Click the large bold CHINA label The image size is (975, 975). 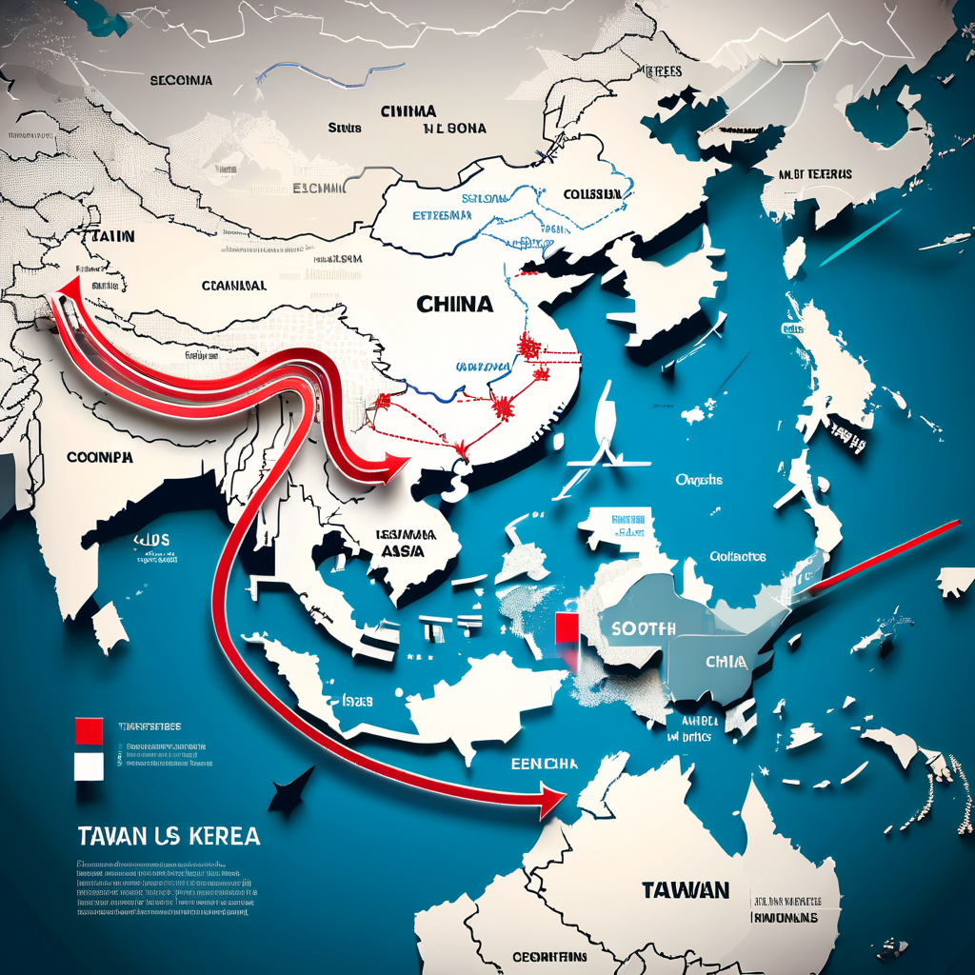click(x=455, y=305)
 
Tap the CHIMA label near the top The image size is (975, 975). click(x=408, y=111)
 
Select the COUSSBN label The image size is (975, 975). click(x=592, y=194)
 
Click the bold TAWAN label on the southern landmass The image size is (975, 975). click(x=686, y=890)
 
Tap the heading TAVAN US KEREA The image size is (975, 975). click(x=167, y=837)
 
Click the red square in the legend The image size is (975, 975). click(x=88, y=730)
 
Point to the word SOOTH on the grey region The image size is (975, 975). click(x=644, y=628)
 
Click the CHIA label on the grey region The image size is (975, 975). click(x=726, y=661)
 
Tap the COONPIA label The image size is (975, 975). click(x=100, y=457)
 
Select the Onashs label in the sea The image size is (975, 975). click(x=699, y=480)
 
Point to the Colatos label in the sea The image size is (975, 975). click(x=739, y=557)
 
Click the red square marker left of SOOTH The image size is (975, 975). click(x=565, y=629)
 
